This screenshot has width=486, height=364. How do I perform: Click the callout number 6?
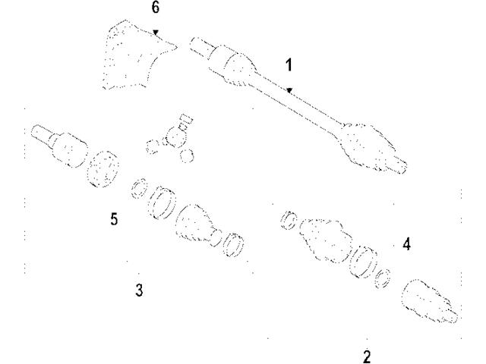pyautogui.click(x=156, y=8)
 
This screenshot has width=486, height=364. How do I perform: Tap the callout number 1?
pyautogui.click(x=289, y=65)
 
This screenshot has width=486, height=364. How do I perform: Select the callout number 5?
pyautogui.click(x=114, y=219)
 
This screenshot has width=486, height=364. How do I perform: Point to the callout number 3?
pyautogui.click(x=139, y=290)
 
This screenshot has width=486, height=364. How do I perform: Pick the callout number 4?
pyautogui.click(x=407, y=244)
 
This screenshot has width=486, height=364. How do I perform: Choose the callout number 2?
pyautogui.click(x=367, y=357)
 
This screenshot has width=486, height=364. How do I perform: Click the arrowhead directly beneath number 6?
pyautogui.click(x=156, y=32)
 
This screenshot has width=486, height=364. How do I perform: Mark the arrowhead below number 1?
pyautogui.click(x=289, y=90)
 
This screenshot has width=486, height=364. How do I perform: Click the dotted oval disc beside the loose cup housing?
pyautogui.click(x=103, y=169)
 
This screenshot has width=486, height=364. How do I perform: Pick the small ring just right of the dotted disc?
pyautogui.click(x=139, y=188)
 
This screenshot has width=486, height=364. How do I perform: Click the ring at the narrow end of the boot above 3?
pyautogui.click(x=233, y=245)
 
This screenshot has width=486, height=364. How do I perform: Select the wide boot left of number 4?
pyautogui.click(x=326, y=240)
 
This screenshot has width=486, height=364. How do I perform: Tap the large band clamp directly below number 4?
pyautogui.click(x=363, y=262)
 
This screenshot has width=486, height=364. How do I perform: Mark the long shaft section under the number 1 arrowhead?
pyautogui.click(x=298, y=99)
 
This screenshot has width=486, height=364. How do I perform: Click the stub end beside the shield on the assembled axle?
pyautogui.click(x=201, y=47)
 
